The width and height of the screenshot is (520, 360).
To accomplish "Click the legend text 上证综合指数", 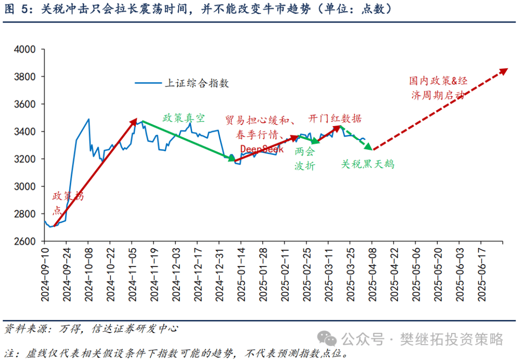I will point(197,83).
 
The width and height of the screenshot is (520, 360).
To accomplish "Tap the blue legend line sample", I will point(148,83).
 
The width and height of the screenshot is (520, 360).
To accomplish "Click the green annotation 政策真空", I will point(183,118).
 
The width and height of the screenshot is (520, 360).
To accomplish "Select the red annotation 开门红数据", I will point(335,118).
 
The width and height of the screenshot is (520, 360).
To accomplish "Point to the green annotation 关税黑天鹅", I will point(368,164).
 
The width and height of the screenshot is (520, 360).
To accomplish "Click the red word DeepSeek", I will point(261,149).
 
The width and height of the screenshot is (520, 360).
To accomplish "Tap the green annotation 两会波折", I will point(304,158).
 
